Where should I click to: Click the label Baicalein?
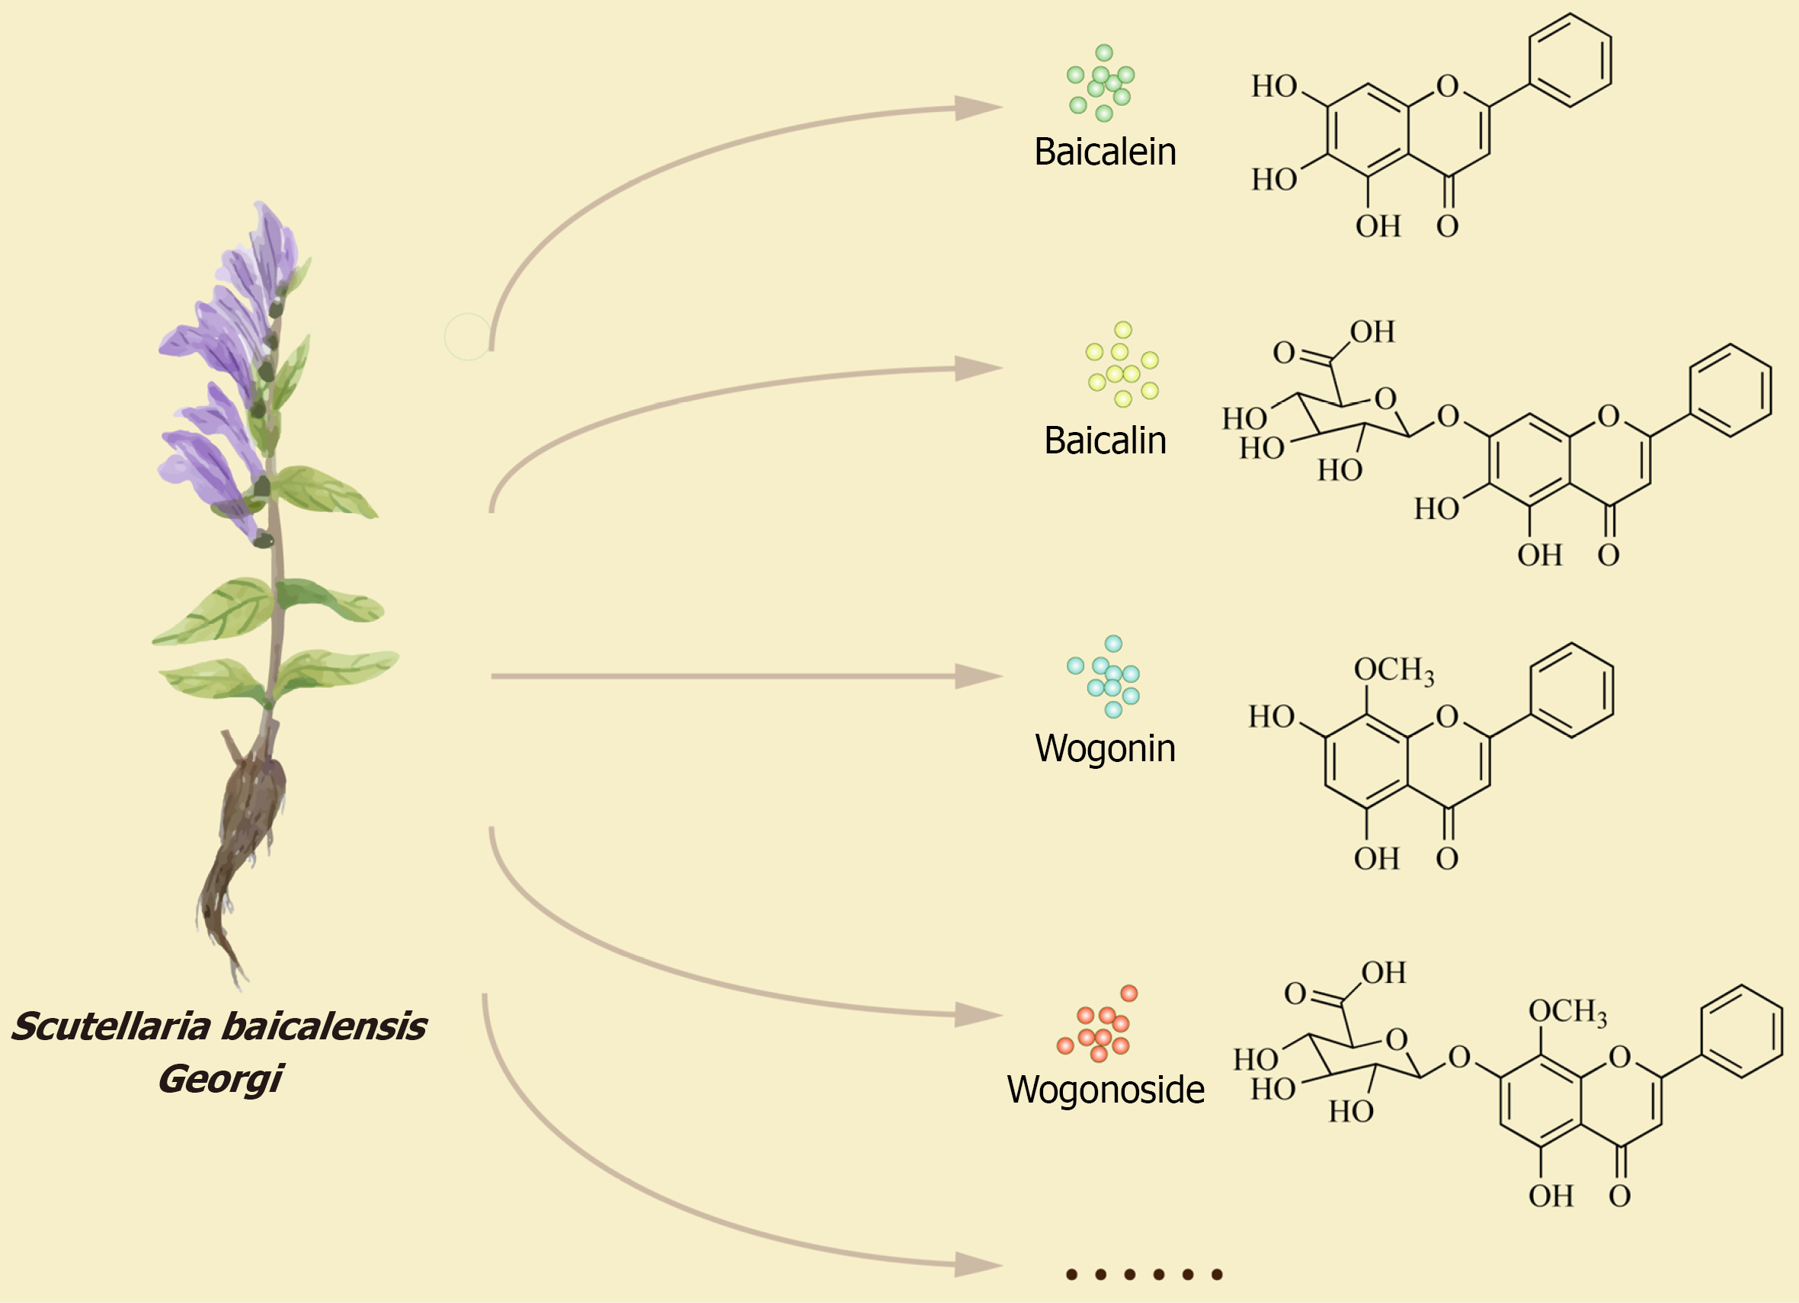(1105, 152)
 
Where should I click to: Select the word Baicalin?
(1105, 441)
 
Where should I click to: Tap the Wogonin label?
(1105, 748)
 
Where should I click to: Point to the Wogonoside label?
(1105, 1090)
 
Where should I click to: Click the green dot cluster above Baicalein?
(1101, 83)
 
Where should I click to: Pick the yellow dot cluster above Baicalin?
(1122, 365)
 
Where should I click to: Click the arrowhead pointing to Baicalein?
(978, 107)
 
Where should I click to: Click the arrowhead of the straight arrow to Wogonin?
(978, 677)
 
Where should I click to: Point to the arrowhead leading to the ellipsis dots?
(978, 1264)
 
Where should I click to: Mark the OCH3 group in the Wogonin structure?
(1393, 671)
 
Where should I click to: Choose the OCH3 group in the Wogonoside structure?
(1567, 1013)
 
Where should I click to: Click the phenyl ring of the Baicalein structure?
(1570, 60)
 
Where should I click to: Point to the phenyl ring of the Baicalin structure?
(1730, 390)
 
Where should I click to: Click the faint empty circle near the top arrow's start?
(468, 336)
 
